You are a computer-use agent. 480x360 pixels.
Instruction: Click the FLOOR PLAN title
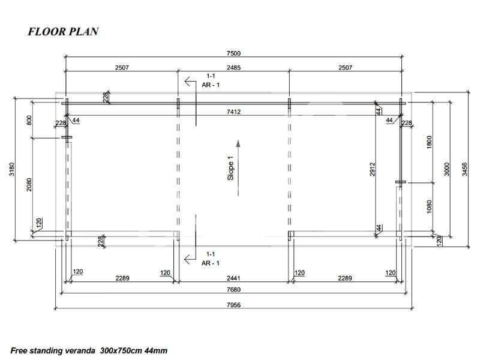coord(63,32)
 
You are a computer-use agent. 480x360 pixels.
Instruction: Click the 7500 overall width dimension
coord(233,53)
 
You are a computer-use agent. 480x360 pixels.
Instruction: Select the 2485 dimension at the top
coord(233,67)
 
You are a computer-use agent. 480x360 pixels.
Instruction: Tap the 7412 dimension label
coord(233,112)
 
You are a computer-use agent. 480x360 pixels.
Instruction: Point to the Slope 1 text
coord(230,168)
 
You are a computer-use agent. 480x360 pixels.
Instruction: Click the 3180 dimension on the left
coord(11,169)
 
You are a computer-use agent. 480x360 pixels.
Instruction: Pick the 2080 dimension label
coord(29,185)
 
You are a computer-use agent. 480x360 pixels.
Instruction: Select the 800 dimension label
coord(29,120)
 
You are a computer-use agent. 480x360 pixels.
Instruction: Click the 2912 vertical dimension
coord(372,169)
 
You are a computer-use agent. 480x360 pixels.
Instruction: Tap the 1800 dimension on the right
coord(429,142)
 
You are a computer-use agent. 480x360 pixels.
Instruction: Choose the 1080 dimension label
coord(429,206)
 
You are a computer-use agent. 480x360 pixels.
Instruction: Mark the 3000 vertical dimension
coord(446,169)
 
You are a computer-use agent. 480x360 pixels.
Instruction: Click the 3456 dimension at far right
coord(464,169)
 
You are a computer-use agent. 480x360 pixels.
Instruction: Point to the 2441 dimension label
coord(233,278)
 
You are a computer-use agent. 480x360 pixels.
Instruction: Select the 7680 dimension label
coord(233,289)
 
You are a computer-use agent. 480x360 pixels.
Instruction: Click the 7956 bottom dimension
coord(233,305)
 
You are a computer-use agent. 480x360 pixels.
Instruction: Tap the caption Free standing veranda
coord(53,351)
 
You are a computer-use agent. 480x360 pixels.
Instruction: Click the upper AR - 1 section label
coord(211,85)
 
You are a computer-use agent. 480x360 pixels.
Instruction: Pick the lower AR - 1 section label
coord(211,263)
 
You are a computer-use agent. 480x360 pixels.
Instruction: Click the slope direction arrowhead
coord(238,144)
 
